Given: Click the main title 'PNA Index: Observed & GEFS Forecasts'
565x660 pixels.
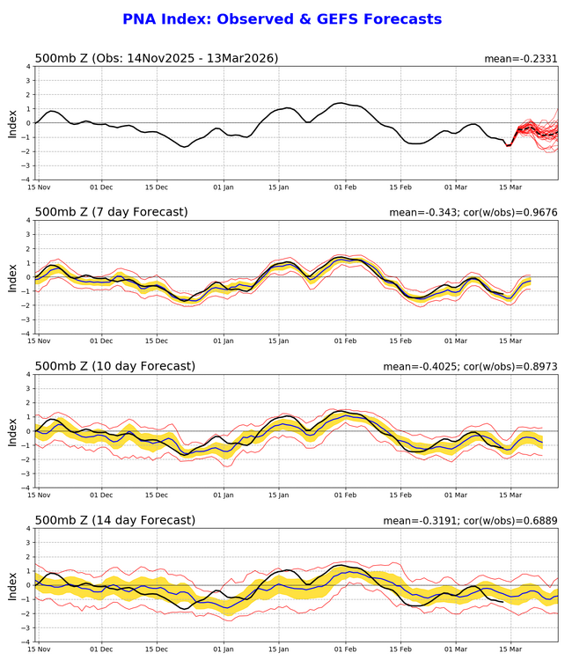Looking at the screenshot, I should (282, 19).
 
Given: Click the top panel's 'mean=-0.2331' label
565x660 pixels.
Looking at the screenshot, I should (520, 59).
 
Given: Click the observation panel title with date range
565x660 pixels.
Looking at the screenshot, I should (157, 58).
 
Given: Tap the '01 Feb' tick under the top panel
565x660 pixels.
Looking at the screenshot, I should (345, 187).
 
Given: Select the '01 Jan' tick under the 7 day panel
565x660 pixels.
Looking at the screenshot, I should (224, 341).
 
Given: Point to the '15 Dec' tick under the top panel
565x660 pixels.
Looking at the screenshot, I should (157, 187).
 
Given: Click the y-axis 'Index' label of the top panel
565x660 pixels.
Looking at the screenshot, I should (12, 122).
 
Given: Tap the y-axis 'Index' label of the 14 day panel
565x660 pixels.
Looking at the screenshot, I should (12, 584).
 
